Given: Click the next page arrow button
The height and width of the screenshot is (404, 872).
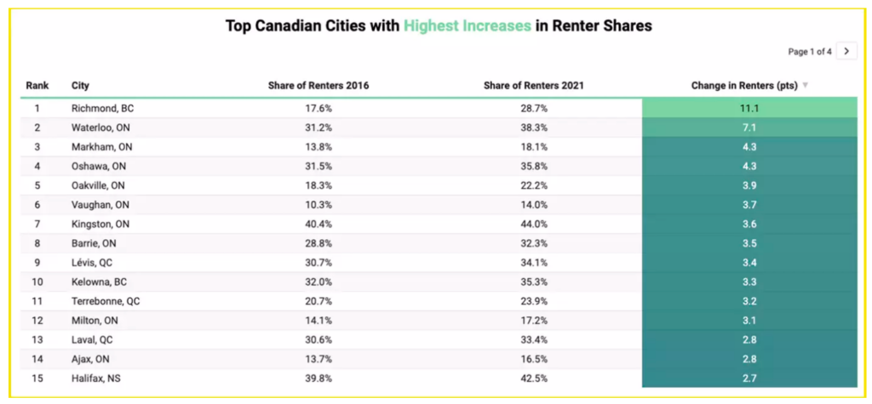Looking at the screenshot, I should [846, 51].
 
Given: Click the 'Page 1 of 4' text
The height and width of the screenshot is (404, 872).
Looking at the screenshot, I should [809, 52].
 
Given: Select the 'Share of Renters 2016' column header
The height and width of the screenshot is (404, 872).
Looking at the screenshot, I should [318, 86].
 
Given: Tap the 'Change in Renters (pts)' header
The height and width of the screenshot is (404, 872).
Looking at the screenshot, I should [744, 86].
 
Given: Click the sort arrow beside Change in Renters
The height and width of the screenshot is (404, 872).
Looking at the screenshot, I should [806, 86].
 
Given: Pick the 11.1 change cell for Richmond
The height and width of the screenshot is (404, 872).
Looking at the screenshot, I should [749, 108].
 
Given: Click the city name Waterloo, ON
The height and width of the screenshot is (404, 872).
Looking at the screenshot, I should [100, 128].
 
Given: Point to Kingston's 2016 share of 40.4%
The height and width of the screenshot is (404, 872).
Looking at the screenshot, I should [318, 224].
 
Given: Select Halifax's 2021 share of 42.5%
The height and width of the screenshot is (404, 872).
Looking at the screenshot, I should [533, 378].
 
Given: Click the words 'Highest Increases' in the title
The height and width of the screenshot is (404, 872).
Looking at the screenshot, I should [468, 26].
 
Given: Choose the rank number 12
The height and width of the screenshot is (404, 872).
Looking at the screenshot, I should [37, 320].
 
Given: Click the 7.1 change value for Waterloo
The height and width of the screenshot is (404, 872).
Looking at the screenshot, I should [749, 128].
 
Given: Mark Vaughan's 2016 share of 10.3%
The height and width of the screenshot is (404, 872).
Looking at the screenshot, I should [318, 204].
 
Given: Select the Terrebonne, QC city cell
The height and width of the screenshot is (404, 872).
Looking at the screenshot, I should [106, 301].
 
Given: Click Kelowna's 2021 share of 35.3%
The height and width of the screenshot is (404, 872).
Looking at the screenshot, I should [533, 282].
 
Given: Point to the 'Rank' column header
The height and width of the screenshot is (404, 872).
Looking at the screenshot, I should [37, 86].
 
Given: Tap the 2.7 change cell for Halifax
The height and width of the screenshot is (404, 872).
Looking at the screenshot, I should [749, 378].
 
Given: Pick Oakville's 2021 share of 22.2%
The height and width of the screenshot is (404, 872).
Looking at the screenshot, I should [533, 185].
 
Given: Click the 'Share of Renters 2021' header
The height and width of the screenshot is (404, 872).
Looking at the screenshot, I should [533, 86].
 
